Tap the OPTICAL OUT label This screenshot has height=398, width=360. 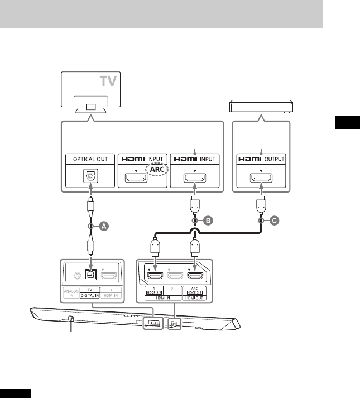pyautogui.click(x=90, y=160)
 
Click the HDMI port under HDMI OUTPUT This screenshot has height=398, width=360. pyautogui.click(x=261, y=179)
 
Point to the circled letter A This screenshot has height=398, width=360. pyautogui.click(x=102, y=226)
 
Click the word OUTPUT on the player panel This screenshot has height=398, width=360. pyautogui.click(x=273, y=160)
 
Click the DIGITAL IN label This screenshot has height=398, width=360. pyautogui.click(x=89, y=296)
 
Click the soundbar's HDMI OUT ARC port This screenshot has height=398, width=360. pyautogui.click(x=194, y=275)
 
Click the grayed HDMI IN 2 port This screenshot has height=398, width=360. pyautogui.click(x=174, y=275)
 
